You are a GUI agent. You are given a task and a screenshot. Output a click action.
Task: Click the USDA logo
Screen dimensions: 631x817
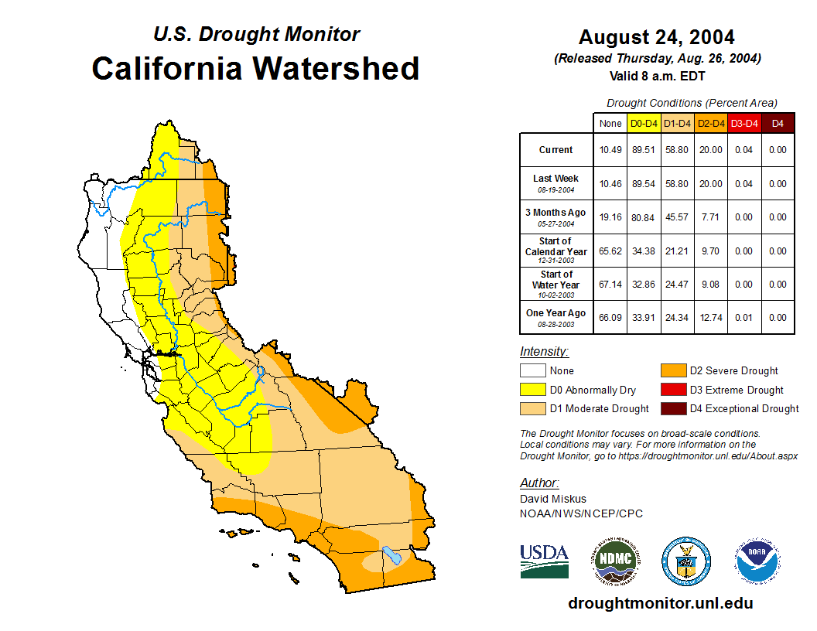[x=544, y=561]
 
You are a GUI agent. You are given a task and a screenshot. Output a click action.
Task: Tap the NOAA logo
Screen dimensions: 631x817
[x=757, y=561]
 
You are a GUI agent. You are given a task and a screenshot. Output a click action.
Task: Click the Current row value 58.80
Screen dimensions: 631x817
[x=678, y=150]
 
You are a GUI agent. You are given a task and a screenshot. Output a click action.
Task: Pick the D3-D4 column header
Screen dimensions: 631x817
[x=744, y=123]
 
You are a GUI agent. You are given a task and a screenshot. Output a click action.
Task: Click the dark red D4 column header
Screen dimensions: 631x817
[x=778, y=123]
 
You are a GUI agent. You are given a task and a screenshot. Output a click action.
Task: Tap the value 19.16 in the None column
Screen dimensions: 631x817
[x=610, y=217]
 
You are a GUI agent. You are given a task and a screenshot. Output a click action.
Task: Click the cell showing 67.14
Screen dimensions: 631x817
[x=610, y=285]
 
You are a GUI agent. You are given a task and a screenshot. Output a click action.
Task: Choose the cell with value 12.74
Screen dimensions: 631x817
[x=711, y=318]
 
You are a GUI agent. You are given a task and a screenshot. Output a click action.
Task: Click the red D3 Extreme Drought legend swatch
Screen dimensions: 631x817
[x=672, y=390]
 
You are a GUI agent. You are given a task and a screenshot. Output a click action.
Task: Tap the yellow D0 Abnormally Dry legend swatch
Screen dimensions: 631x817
[x=532, y=390]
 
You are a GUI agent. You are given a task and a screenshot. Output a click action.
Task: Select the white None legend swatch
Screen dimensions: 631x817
[x=532, y=371]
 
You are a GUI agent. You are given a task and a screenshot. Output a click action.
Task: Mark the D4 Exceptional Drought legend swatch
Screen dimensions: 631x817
[x=672, y=408]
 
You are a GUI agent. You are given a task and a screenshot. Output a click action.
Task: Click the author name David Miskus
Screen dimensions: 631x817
[x=553, y=499]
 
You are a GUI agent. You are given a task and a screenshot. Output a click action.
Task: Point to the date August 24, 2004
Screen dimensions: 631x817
[x=656, y=37]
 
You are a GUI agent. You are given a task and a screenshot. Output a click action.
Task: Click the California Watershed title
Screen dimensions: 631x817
[x=255, y=68]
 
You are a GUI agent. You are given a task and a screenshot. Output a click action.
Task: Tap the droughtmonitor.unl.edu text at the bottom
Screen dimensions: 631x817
[x=660, y=603]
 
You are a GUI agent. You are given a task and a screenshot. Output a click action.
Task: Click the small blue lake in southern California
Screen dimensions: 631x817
[x=390, y=555]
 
